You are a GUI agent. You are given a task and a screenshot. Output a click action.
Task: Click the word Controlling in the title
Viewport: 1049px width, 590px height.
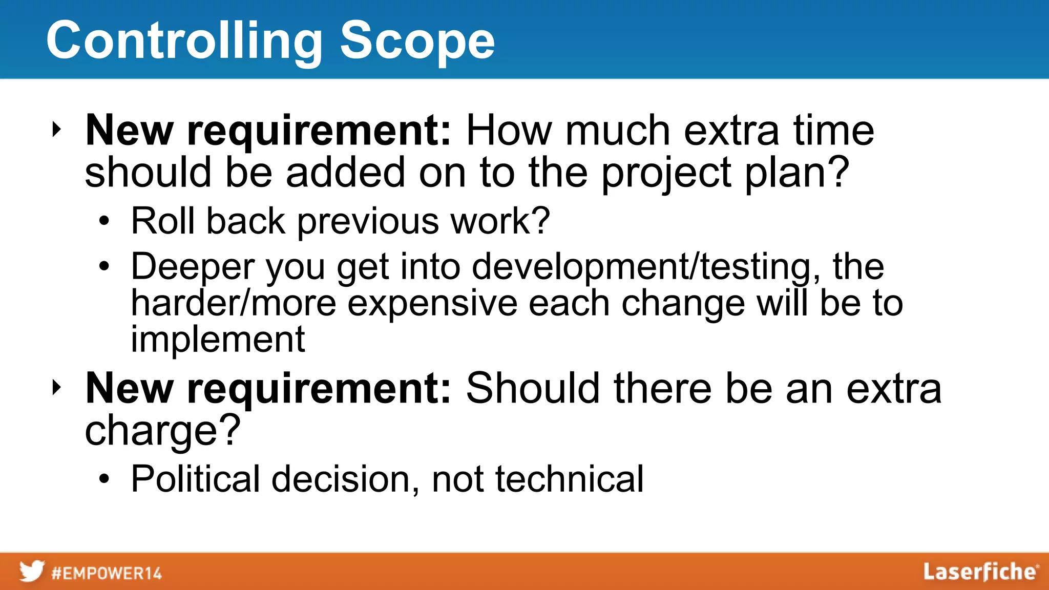(184, 41)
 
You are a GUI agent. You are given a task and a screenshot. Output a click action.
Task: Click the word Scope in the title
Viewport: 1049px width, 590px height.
(417, 41)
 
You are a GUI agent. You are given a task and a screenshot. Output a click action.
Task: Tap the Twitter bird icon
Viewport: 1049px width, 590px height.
(32, 571)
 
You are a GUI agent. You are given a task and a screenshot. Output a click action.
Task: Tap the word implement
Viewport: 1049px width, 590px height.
(218, 340)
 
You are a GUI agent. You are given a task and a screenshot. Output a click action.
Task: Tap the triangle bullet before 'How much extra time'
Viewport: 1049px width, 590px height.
(56, 130)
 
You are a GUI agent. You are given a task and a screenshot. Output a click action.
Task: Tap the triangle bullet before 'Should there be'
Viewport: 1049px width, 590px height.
(56, 388)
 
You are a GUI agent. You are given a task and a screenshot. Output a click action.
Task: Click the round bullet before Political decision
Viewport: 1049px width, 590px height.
(104, 479)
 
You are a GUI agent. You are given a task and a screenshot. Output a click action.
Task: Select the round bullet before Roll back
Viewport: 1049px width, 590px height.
(104, 221)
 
